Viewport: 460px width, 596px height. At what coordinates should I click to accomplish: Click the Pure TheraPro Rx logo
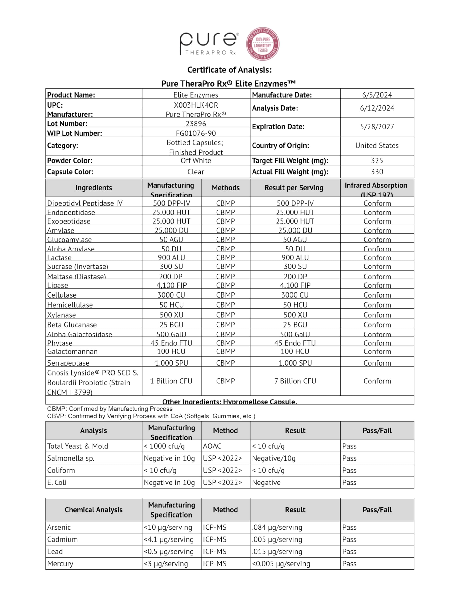(209, 44)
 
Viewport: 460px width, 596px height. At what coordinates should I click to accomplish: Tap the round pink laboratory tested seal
(263, 44)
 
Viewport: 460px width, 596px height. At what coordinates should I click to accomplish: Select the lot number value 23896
(196, 124)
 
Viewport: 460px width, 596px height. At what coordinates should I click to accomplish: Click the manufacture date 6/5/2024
(377, 95)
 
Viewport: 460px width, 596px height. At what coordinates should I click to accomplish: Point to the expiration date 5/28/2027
(377, 127)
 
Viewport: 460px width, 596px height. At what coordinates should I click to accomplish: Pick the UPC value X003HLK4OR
(196, 105)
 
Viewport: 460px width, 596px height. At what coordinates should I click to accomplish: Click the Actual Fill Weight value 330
(377, 172)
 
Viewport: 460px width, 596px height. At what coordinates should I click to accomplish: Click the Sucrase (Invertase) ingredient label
(78, 266)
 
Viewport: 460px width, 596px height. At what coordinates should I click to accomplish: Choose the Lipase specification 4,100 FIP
(171, 285)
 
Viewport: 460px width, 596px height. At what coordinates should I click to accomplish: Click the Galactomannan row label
(72, 352)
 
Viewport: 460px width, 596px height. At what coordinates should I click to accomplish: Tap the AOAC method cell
(212, 446)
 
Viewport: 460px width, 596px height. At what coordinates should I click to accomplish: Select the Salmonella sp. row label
(71, 458)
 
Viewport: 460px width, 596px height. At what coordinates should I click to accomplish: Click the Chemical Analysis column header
(93, 510)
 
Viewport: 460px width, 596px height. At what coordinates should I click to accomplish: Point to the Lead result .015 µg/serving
(277, 552)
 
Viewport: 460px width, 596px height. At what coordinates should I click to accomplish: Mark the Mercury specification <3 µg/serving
(166, 564)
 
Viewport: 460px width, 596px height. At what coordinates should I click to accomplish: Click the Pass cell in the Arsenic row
(349, 527)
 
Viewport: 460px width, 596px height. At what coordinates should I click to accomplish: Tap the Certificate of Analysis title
(229, 70)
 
